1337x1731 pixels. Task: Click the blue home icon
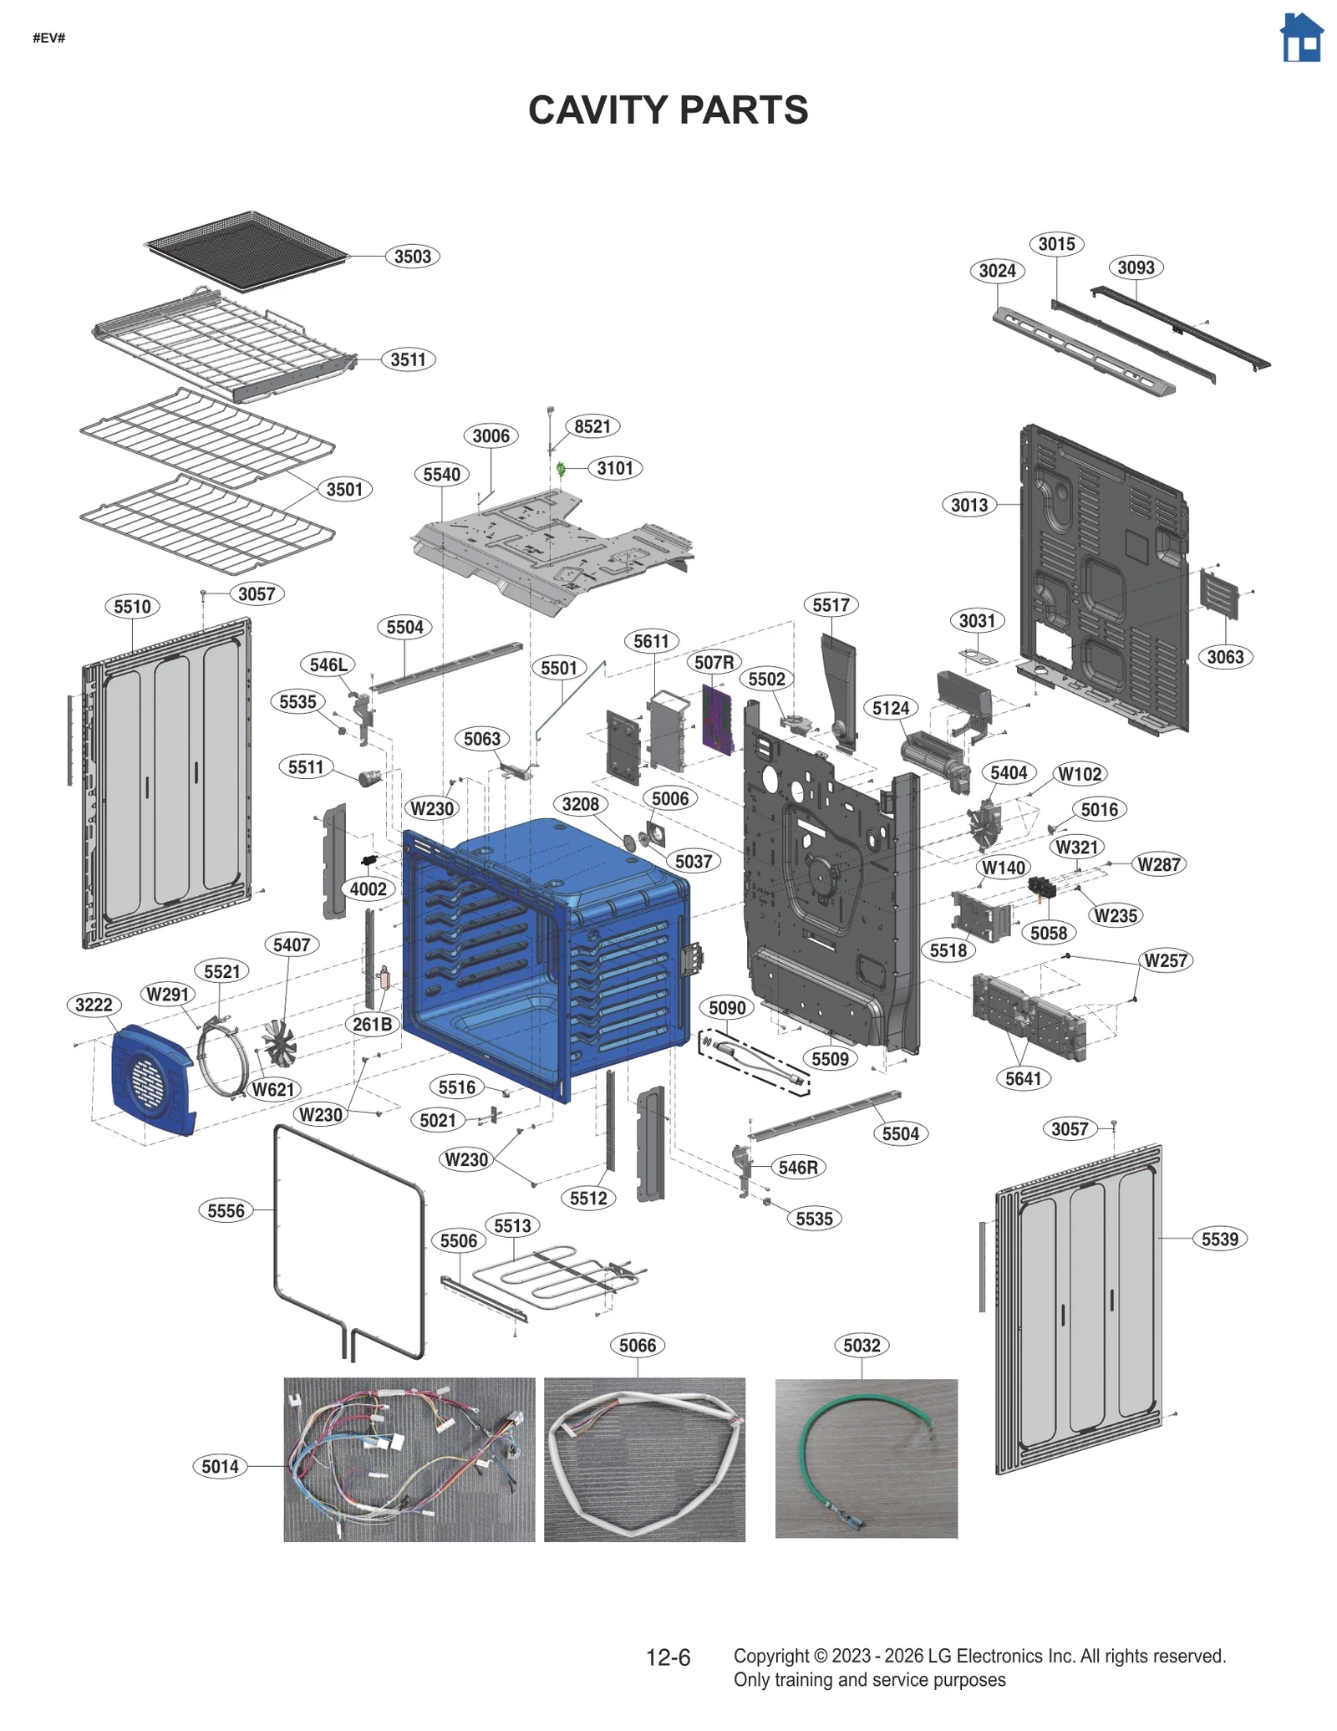tap(1301, 38)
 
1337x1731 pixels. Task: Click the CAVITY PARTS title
tap(668, 110)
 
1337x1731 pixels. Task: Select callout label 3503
tap(412, 257)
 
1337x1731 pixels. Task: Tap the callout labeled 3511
tap(408, 359)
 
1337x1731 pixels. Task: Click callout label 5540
tap(441, 475)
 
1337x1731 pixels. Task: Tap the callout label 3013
tap(969, 505)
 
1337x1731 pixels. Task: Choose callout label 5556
tap(226, 1210)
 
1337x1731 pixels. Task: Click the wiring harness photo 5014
tap(409, 1459)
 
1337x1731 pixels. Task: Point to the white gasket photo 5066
tap(643, 1459)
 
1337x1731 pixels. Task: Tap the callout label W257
tap(1165, 960)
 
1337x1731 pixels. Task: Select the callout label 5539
tap(1219, 1239)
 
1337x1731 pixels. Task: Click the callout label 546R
tap(797, 1168)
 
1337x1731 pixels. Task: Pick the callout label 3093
tap(1136, 267)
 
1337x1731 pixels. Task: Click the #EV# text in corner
tap(48, 38)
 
